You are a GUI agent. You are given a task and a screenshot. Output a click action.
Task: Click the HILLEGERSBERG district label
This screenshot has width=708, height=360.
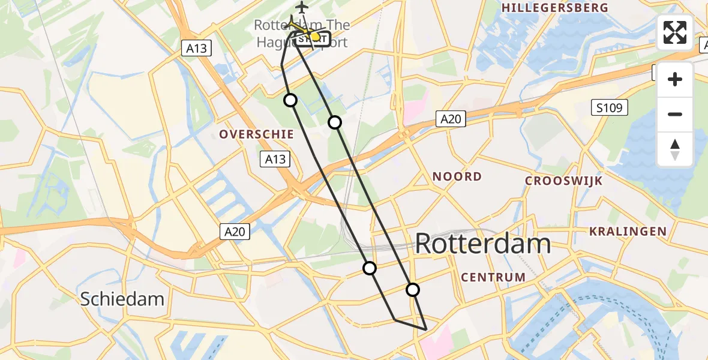coord(554,8)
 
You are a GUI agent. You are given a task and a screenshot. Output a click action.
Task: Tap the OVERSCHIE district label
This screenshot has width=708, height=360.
coord(256,134)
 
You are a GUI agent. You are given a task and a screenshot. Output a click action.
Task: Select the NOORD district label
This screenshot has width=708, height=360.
coord(457,176)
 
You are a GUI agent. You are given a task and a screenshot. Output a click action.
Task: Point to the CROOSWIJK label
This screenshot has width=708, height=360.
coord(563,181)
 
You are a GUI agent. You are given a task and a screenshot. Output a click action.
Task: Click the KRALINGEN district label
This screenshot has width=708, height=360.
coord(628,231)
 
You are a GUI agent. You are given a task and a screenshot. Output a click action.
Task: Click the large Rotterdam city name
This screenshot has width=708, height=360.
coord(482,244)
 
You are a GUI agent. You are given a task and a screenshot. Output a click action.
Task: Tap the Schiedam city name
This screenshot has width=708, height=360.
coord(122,298)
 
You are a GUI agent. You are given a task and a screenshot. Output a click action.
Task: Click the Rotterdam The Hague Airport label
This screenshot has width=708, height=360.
coord(302,33)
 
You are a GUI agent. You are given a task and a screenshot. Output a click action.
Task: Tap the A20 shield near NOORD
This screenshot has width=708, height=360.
coord(450,119)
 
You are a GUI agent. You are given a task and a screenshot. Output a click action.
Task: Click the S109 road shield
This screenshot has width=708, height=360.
coord(610,108)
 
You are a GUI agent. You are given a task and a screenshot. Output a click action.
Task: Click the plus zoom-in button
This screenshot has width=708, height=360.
coord(675,79)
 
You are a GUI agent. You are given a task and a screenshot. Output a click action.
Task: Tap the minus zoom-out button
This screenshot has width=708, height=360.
coord(675,114)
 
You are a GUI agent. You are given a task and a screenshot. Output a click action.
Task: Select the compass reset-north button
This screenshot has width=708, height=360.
coord(675,149)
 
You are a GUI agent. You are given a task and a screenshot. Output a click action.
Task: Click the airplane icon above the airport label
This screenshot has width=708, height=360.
coord(301,7)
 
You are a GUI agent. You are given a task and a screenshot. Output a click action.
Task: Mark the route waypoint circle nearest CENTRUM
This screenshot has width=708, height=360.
coord(413,290)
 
